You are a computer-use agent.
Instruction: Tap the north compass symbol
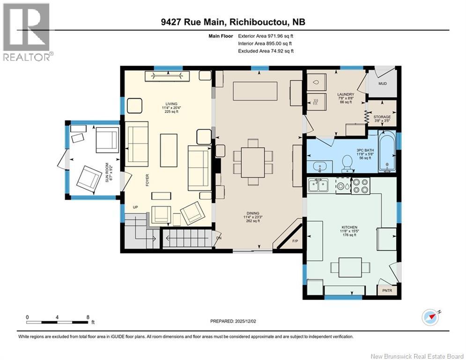pyautogui.click(x=430, y=317)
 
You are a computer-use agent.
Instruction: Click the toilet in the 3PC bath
pyautogui.click(x=347, y=164)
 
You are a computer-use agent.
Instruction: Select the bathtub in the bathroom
pyautogui.click(x=387, y=152)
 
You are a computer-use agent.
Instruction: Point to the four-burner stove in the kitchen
pyautogui.click(x=361, y=186)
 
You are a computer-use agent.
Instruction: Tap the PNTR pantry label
pyautogui.click(x=387, y=290)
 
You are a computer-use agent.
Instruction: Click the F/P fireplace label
pyautogui.click(x=295, y=241)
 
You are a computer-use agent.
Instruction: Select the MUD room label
pyautogui.click(x=383, y=83)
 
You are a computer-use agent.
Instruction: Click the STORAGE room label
pyautogui.click(x=382, y=117)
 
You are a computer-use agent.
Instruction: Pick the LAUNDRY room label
pyautogui.click(x=346, y=94)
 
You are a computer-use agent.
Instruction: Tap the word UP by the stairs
pyautogui.click(x=135, y=207)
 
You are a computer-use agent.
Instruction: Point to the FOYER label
pyautogui.click(x=147, y=180)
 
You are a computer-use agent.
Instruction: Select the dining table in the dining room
pyautogui.click(x=252, y=163)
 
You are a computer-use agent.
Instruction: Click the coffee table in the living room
pyautogui.click(x=169, y=150)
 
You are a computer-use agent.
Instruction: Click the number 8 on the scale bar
pyautogui.click(x=88, y=317)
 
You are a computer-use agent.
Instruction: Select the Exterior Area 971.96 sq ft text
pyautogui.click(x=266, y=36)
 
